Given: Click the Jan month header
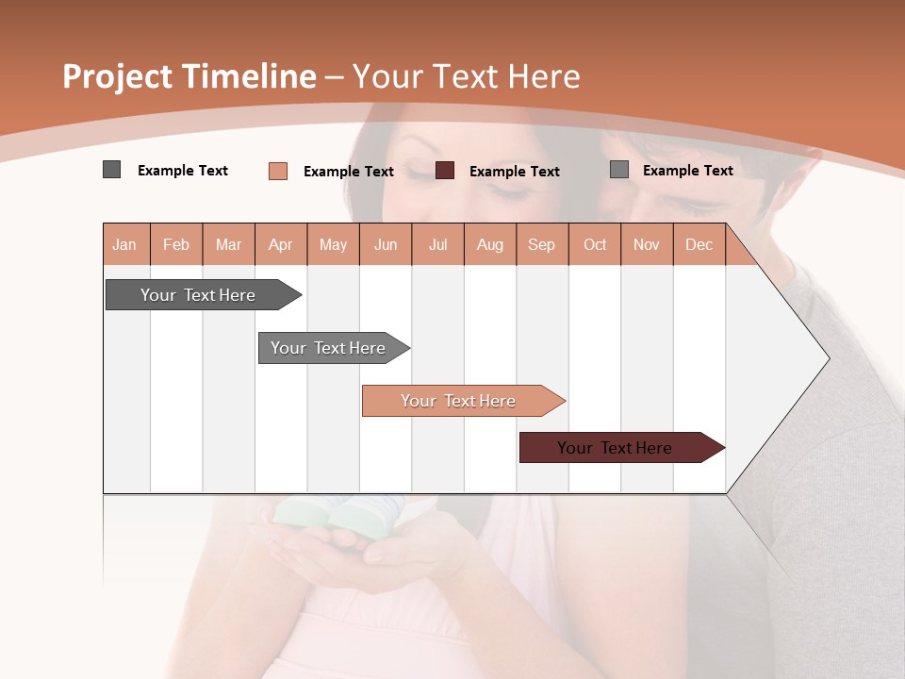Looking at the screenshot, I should click(x=124, y=244).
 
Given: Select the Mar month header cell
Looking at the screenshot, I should click(x=228, y=244).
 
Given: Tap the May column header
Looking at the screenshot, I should click(x=333, y=244).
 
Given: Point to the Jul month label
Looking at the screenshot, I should click(x=437, y=244).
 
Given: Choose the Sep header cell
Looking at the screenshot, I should click(x=541, y=244).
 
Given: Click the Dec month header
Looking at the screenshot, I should click(x=699, y=244).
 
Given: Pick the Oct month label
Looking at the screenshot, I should click(x=595, y=244).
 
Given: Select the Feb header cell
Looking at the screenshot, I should click(x=176, y=244).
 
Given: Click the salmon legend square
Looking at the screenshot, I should click(x=278, y=171).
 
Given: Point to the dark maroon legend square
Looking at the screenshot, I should click(x=445, y=170).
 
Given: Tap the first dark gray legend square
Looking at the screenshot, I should click(x=111, y=170).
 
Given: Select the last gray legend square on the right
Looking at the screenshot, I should click(x=619, y=169).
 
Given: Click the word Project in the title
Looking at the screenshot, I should click(x=118, y=76).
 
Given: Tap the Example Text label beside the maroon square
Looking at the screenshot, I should click(x=514, y=172).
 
